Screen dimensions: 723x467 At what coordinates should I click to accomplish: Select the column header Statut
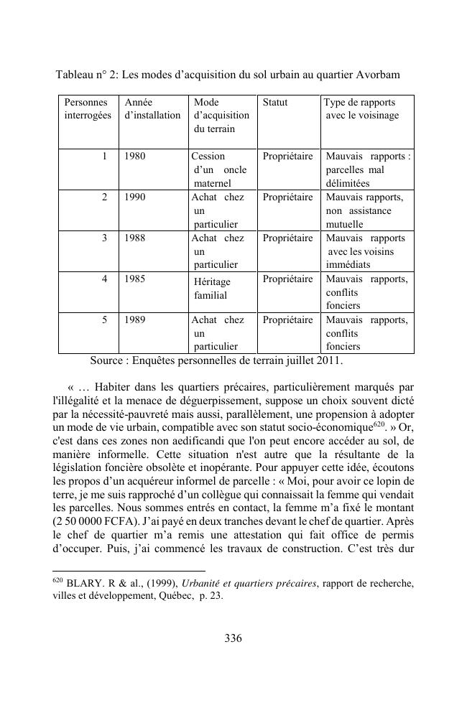coord(274,103)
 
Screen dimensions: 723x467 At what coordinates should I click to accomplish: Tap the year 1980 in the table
coord(134,156)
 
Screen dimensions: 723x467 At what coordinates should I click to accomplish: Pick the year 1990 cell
coord(134,197)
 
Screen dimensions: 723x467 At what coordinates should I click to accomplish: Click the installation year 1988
coord(134,238)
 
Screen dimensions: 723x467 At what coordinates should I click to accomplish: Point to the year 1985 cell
coord(134,279)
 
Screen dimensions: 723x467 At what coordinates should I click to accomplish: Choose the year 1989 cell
coord(134,319)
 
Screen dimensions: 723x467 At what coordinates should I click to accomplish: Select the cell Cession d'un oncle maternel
coord(219,169)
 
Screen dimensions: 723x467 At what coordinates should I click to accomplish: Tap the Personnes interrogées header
coord(87,109)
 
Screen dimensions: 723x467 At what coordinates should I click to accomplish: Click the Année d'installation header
coord(152,109)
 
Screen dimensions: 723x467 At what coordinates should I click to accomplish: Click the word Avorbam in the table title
coord(378,75)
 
